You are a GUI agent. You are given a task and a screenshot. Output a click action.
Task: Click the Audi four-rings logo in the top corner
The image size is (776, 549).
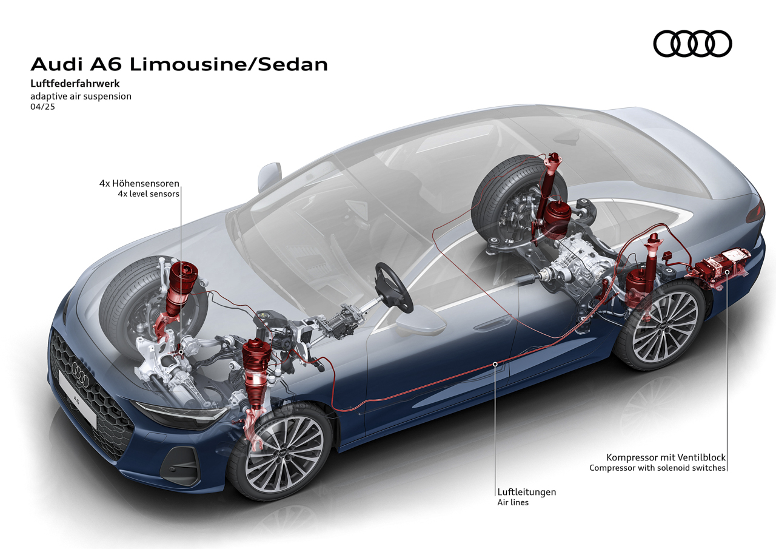point(692,44)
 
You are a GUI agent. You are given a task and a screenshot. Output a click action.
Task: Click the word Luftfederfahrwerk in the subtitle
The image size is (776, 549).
point(75,84)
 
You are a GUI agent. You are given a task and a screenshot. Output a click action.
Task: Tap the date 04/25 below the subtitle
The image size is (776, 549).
point(42,107)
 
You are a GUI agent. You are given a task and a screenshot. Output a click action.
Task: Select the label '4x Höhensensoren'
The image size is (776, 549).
point(139,183)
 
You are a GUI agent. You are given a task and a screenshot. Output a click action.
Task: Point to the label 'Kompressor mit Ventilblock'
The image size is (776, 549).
point(666,458)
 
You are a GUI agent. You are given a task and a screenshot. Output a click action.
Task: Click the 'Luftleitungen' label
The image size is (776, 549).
point(527,492)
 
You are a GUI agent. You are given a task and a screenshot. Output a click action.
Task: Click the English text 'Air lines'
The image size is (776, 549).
point(513,502)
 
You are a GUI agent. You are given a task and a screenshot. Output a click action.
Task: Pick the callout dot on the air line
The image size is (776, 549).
point(495,364)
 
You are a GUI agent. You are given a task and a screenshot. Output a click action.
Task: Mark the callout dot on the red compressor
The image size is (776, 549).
point(727,272)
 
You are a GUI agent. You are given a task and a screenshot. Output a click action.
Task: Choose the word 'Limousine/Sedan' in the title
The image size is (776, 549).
point(229,64)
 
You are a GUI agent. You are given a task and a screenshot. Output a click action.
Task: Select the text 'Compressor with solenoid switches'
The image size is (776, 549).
point(657,468)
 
